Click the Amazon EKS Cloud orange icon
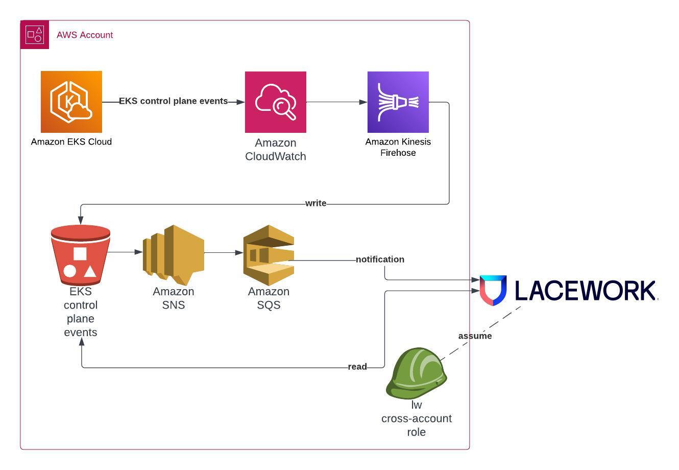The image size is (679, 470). click(71, 102)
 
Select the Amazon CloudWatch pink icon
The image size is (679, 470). click(276, 102)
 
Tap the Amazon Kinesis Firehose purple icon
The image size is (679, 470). click(398, 102)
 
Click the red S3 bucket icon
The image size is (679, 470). click(81, 255)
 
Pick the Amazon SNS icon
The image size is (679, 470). click(174, 254)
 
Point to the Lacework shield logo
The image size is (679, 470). click(493, 290)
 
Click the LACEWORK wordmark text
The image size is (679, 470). click(585, 290)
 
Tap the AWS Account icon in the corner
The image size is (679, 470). click(35, 35)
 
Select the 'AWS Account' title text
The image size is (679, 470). click(85, 35)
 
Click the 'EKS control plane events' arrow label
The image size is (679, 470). click(174, 101)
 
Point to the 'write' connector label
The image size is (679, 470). click(316, 203)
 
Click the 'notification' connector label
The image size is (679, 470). click(380, 260)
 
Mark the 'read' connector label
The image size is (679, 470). click(357, 367)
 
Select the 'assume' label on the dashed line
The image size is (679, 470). click(475, 336)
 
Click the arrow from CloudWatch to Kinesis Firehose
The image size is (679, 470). click(337, 102)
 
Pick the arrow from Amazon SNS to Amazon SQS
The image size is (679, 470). click(224, 252)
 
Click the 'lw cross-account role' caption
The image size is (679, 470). click(417, 418)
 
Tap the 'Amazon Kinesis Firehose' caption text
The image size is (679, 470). click(398, 147)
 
